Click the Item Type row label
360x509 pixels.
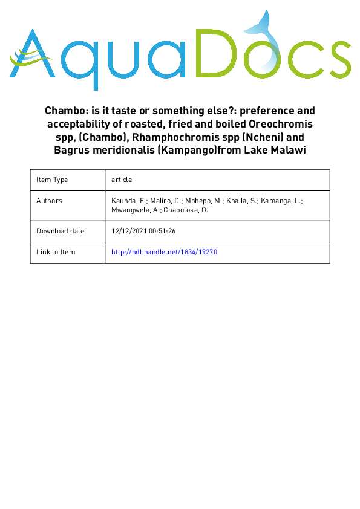52,180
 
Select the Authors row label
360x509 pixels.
49,201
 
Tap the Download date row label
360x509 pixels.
60,231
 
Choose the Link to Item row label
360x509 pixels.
56,252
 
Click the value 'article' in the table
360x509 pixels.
122,180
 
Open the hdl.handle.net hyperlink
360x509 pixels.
164,252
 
